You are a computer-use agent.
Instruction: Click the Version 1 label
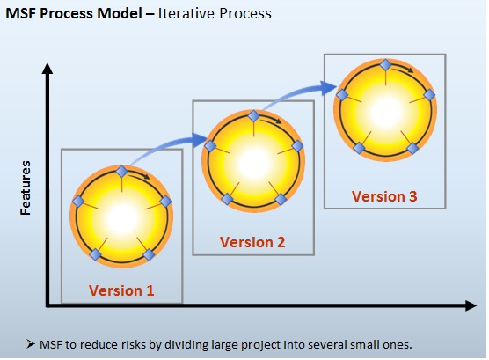pos(121,290)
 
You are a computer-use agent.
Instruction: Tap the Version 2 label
pos(252,242)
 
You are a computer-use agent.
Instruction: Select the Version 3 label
pos(384,196)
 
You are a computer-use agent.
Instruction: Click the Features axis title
pos(26,188)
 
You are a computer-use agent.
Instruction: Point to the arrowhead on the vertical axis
pos(47,69)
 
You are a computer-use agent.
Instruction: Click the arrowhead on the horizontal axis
pos(471,305)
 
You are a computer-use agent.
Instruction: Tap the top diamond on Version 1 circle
pos(121,172)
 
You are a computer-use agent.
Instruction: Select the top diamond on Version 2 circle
pos(253,116)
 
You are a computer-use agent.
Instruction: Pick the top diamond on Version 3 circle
pos(386,65)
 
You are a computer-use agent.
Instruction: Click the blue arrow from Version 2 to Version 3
pos(296,92)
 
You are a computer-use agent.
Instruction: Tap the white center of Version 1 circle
pos(121,218)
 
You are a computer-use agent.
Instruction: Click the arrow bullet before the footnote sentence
pos(31,344)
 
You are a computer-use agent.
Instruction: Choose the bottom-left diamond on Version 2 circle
pos(227,199)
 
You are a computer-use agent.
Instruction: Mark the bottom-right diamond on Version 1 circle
pos(149,254)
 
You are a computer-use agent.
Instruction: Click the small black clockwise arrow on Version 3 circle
pos(402,70)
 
